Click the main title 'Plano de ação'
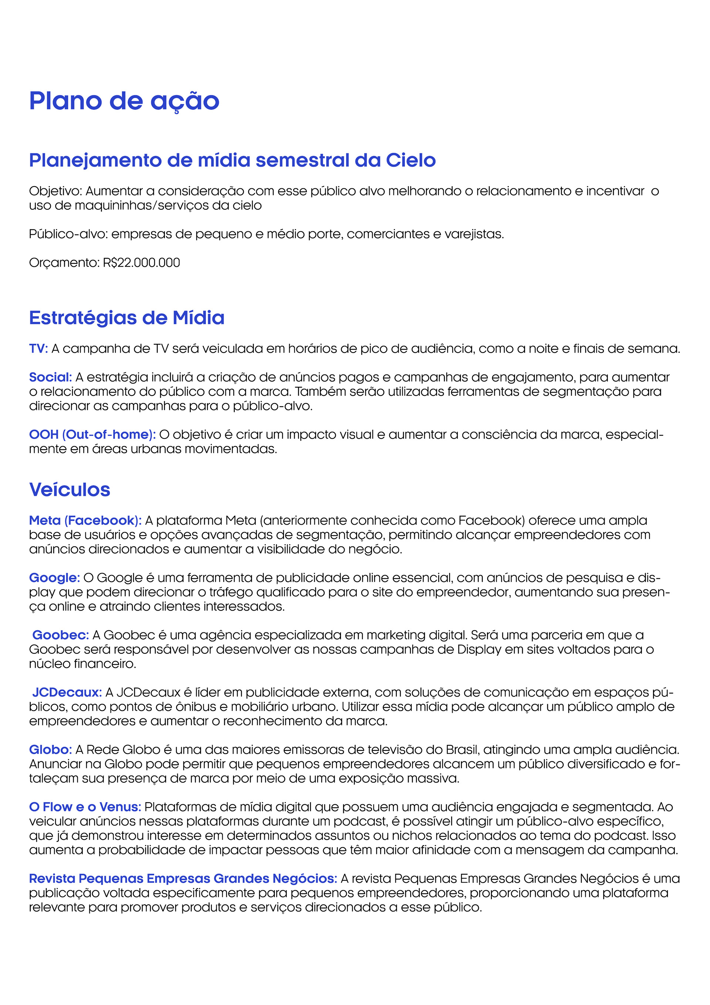[124, 101]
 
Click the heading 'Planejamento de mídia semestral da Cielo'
[232, 161]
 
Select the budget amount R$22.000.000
[141, 263]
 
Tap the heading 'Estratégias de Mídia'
[126, 318]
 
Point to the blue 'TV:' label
[38, 349]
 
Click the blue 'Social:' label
[50, 377]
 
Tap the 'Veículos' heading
[70, 490]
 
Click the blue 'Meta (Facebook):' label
[85, 520]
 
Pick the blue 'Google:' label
[54, 578]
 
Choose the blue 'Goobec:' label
[60, 635]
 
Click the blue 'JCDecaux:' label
[67, 692]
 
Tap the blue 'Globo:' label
[50, 750]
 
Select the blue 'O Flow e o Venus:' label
[85, 807]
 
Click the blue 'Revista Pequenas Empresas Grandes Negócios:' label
[183, 878]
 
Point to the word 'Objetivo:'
[55, 191]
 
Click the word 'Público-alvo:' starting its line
[68, 234]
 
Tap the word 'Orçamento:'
[64, 263]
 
